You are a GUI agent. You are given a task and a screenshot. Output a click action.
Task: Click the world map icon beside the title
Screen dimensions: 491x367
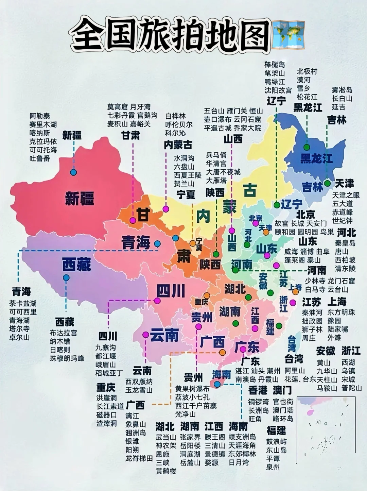coord(289,35)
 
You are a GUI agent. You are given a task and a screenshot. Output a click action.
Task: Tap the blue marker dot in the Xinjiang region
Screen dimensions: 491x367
coord(73,172)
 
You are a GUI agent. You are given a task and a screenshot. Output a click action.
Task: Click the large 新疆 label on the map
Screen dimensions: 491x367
coord(80,198)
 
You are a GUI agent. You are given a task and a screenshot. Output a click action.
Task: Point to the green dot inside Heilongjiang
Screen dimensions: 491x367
coord(307,147)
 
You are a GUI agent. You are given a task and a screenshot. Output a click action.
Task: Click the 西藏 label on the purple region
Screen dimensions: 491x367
coord(76,264)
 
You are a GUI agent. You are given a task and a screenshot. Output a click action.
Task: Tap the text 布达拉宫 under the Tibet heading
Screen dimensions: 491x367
coord(63,333)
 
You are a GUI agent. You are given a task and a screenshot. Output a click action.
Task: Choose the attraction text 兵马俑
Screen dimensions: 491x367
coord(216,155)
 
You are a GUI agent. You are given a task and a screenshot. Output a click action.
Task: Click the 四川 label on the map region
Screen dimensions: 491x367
coord(171,291)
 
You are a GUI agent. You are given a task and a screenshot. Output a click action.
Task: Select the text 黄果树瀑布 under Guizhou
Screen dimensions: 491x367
coord(192,389)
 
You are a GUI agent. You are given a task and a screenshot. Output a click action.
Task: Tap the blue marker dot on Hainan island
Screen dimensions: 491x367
coord(217,384)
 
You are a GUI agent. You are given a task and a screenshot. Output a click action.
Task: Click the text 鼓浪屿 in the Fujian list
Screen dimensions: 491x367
coord(276,441)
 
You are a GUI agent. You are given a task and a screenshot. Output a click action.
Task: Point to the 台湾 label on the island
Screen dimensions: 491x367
coord(292,343)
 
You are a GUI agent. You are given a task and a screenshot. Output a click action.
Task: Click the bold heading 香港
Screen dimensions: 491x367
coord(258,390)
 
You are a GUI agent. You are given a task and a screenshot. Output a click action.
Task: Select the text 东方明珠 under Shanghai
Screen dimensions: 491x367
coord(341,312)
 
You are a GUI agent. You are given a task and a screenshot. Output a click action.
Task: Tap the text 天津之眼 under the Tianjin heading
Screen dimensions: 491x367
coord(346,195)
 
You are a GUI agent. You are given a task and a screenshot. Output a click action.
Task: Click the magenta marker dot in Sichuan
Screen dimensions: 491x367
coord(157,301)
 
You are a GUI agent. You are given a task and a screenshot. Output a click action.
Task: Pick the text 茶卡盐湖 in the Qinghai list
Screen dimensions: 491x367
coord(22,303)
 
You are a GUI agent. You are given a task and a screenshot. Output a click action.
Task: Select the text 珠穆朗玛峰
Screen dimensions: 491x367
coord(67,358)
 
